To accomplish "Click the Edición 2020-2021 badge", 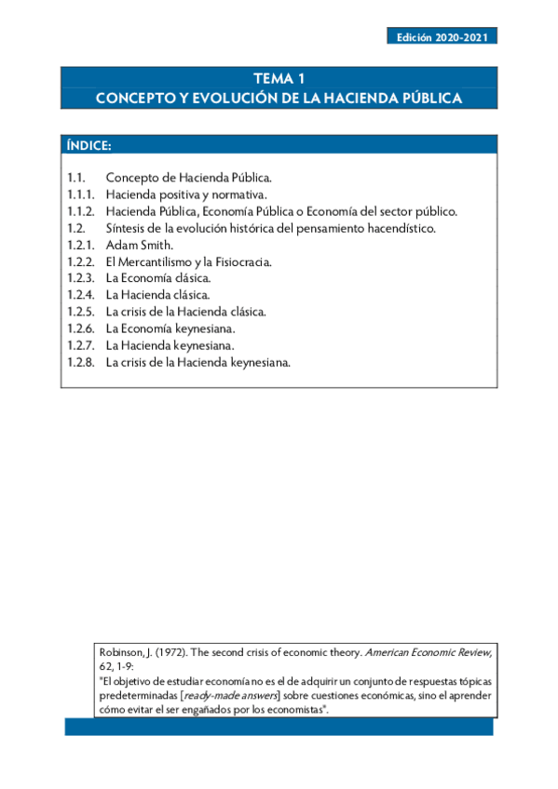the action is click(x=442, y=37).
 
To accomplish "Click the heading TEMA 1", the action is click(x=279, y=79).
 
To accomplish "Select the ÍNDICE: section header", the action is click(x=89, y=145).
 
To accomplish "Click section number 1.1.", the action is click(x=77, y=177).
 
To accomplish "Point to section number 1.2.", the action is click(x=77, y=228).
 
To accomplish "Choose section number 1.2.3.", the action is click(x=81, y=278).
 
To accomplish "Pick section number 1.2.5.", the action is click(x=81, y=312).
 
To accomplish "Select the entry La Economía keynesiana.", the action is click(x=170, y=328).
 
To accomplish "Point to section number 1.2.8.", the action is click(x=81, y=363).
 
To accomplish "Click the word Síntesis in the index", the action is click(x=127, y=228).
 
